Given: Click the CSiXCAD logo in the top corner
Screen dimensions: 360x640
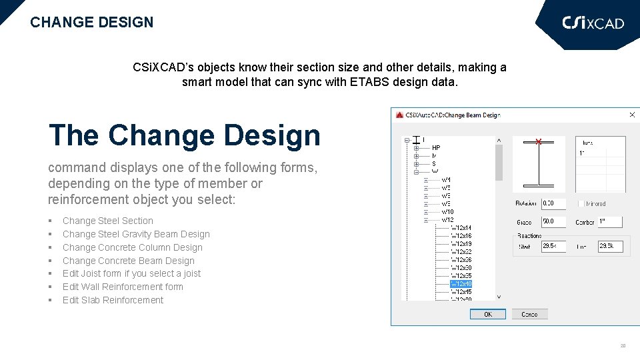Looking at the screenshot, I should pyautogui.click(x=593, y=23).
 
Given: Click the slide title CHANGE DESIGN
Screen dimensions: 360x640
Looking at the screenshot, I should pyautogui.click(x=91, y=22).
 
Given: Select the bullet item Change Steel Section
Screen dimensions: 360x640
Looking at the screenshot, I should pyautogui.click(x=107, y=221).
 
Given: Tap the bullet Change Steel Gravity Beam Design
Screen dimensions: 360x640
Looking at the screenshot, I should pyautogui.click(x=136, y=234).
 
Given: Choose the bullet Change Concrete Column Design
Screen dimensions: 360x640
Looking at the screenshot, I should pyautogui.click(x=132, y=247).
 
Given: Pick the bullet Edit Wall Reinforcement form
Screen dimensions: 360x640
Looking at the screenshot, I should pyautogui.click(x=123, y=287).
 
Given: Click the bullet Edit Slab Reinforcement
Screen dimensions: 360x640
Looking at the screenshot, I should pyautogui.click(x=113, y=300).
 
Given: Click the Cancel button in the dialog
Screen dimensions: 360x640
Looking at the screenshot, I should pyautogui.click(x=529, y=314).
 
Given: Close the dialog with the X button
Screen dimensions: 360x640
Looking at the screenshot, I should pyautogui.click(x=631, y=115).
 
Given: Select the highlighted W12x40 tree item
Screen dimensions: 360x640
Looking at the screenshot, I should pyautogui.click(x=461, y=284).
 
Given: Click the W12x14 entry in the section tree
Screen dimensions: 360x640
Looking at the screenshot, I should pyautogui.click(x=461, y=228).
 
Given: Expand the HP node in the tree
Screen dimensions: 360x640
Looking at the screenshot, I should pyautogui.click(x=417, y=148).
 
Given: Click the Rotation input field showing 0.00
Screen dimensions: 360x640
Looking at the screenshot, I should pyautogui.click(x=553, y=203).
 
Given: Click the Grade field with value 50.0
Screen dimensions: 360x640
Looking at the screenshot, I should pyautogui.click(x=553, y=222).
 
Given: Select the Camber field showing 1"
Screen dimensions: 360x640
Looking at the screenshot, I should pyautogui.click(x=609, y=222).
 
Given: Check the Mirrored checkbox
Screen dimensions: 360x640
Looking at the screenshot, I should pyautogui.click(x=581, y=204).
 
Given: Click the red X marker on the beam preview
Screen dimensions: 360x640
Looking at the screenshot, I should pyautogui.click(x=539, y=141).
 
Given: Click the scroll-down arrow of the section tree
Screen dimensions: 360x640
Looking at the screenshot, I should pyautogui.click(x=499, y=297).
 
